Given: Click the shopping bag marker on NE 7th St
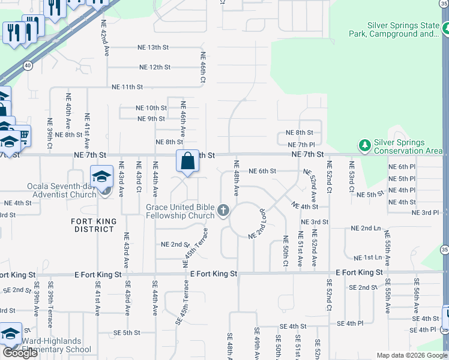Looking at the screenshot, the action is pyautogui.click(x=187, y=161).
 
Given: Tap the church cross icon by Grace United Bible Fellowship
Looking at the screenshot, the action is pyautogui.click(x=224, y=211).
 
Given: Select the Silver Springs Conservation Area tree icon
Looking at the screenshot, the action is pyautogui.click(x=364, y=145).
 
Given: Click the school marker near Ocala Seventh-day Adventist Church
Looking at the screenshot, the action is pyautogui.click(x=102, y=176).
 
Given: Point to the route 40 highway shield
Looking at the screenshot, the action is pyautogui.click(x=28, y=65).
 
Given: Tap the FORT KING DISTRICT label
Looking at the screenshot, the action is pyautogui.click(x=94, y=225).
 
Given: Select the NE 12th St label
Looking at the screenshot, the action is pyautogui.click(x=155, y=67).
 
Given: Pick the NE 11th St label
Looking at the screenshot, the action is pyautogui.click(x=127, y=87).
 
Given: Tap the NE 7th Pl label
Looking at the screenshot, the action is pyautogui.click(x=301, y=145).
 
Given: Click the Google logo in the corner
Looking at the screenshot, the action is pyautogui.click(x=20, y=353).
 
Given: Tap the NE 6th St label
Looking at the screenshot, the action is pyautogui.click(x=262, y=171).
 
